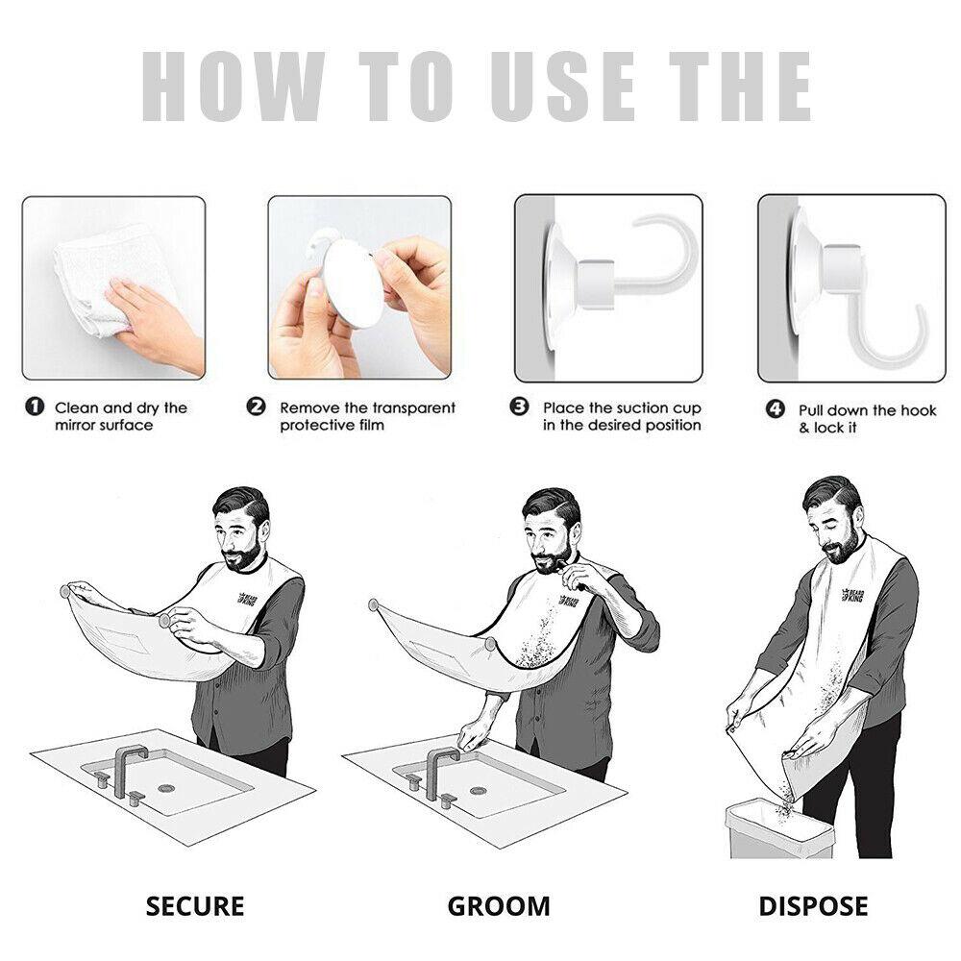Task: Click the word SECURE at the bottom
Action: (195, 905)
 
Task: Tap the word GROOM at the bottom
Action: (499, 905)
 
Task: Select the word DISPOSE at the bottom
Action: (813, 905)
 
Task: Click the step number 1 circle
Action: (35, 407)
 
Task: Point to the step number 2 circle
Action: (257, 407)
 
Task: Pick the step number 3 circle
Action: (520, 407)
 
